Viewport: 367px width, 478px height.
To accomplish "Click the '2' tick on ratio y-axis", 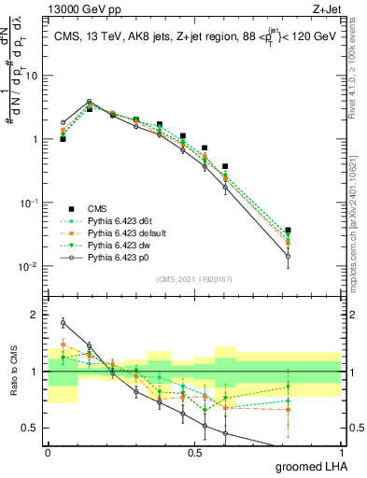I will tap(38, 315).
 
